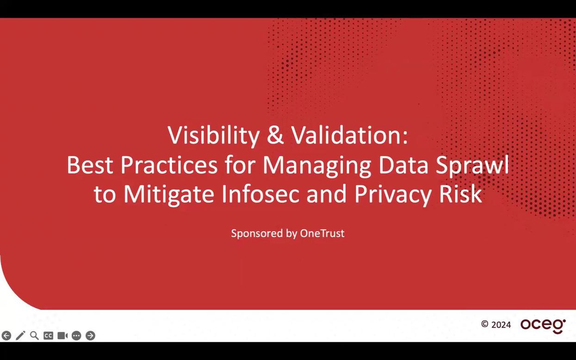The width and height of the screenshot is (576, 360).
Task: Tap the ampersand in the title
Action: pyautogui.click(x=275, y=136)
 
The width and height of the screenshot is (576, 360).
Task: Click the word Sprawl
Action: pyautogui.click(x=472, y=165)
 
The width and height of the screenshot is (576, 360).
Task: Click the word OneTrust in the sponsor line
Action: pyautogui.click(x=322, y=233)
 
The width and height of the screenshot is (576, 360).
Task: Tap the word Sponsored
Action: pyautogui.click(x=257, y=234)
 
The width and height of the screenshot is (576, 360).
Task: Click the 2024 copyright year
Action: pyautogui.click(x=501, y=325)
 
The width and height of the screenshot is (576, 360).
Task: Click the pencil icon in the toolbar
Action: pyautogui.click(x=20, y=335)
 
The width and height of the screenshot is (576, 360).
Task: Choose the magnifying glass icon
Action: pyautogui.click(x=34, y=335)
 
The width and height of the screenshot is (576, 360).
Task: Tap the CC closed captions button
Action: pyautogui.click(x=48, y=335)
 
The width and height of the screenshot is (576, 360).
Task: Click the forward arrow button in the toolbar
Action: pyautogui.click(x=91, y=335)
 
